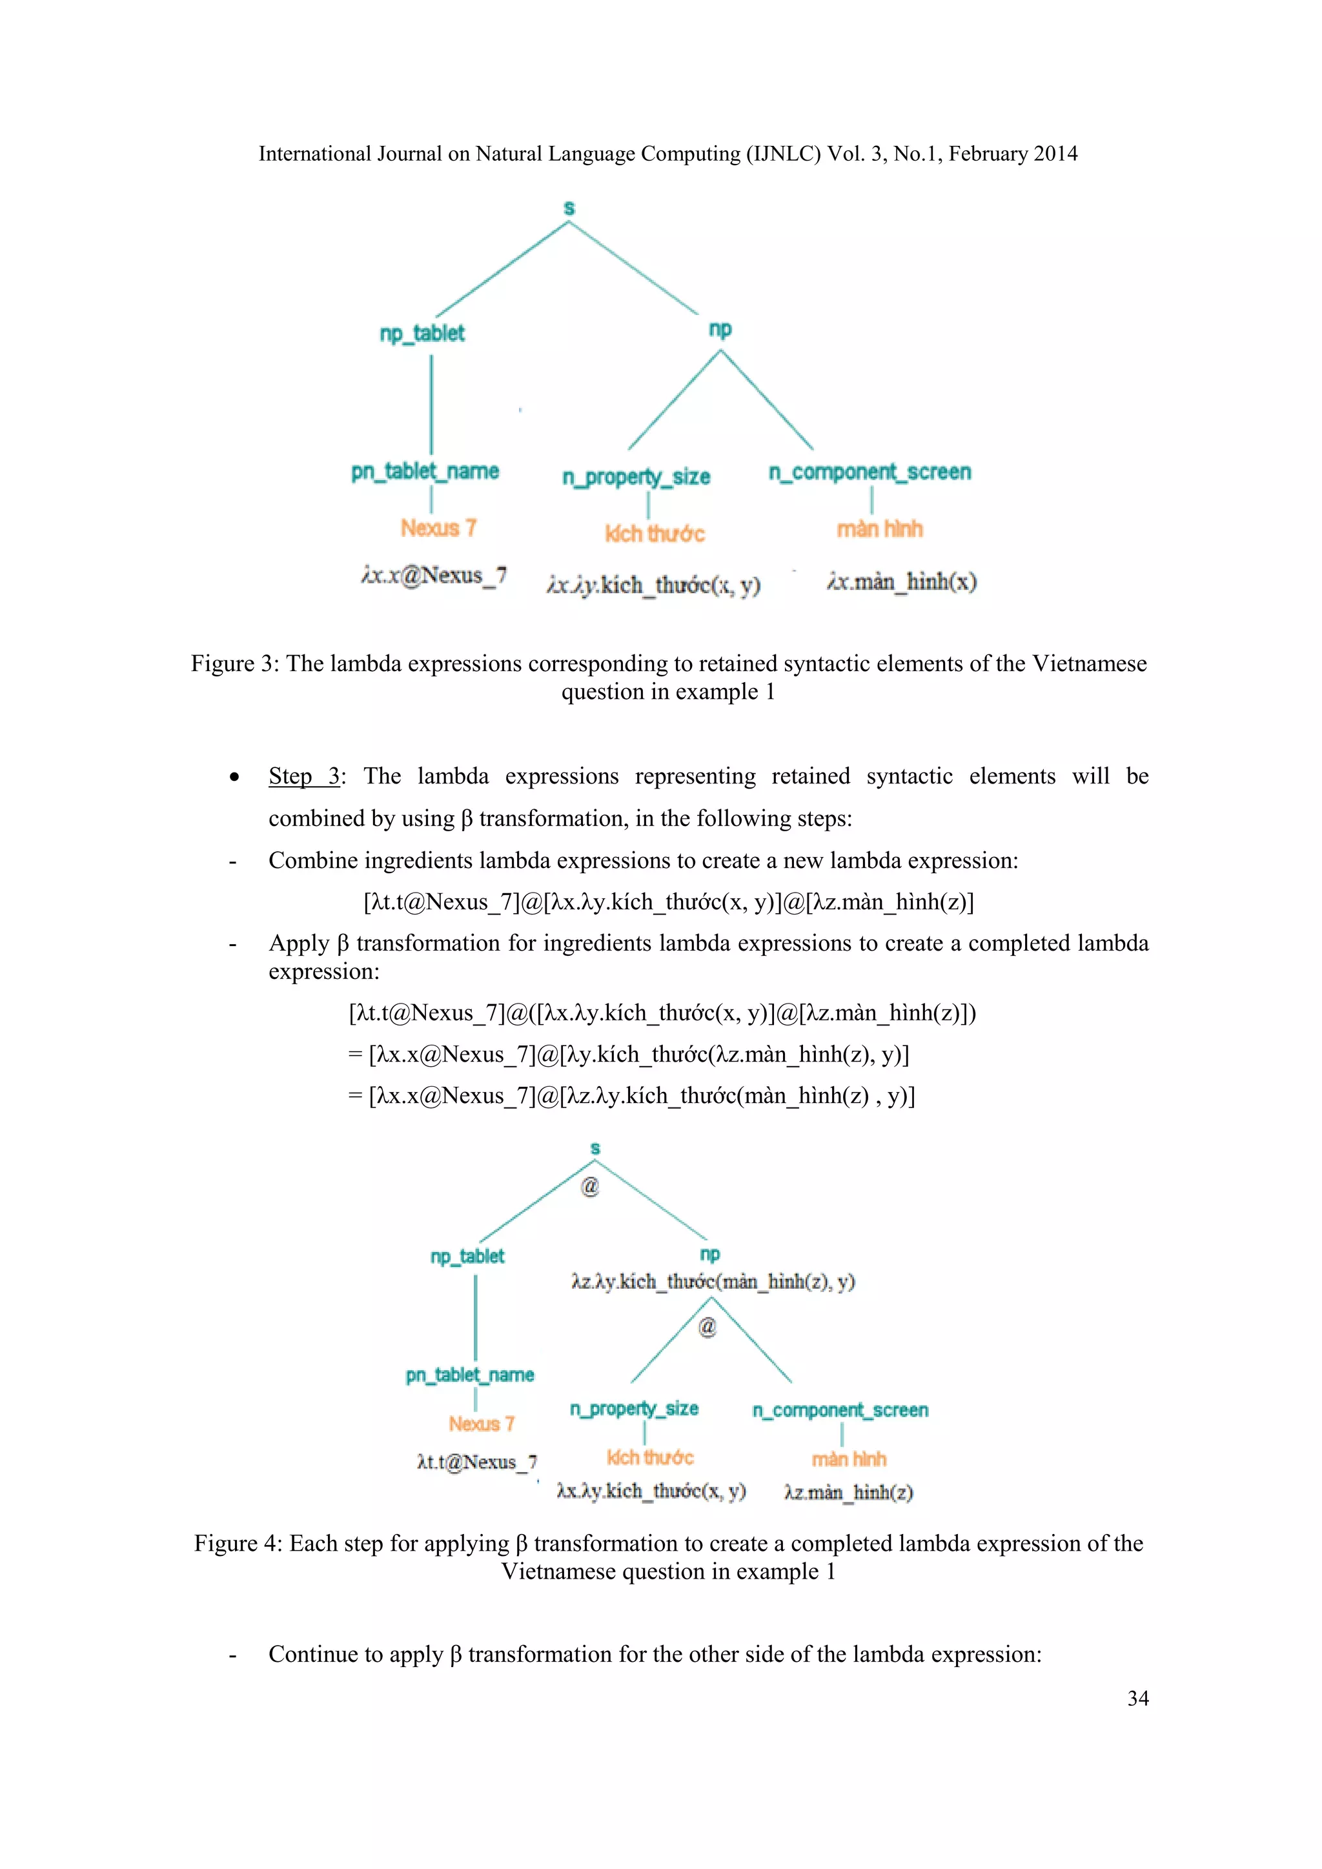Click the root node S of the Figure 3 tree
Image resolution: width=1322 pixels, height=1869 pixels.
(569, 208)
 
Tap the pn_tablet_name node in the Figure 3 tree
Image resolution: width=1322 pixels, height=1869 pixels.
(425, 471)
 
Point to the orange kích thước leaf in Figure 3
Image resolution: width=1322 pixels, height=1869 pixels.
(655, 533)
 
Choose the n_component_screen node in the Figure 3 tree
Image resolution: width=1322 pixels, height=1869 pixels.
(869, 472)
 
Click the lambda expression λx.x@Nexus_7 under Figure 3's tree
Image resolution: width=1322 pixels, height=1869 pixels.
(434, 576)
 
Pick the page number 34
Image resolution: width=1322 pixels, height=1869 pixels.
(1137, 1698)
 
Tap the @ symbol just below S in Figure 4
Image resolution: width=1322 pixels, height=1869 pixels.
(590, 1186)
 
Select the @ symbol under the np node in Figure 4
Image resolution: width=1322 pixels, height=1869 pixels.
(707, 1327)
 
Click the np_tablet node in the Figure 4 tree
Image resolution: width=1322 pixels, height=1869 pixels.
(467, 1256)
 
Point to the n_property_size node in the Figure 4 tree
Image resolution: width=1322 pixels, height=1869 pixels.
(634, 1409)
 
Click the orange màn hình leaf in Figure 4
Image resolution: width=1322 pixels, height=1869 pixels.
(848, 1459)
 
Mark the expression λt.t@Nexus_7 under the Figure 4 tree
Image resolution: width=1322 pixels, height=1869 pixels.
(476, 1462)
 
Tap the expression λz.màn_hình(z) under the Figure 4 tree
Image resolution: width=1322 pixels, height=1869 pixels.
(848, 1492)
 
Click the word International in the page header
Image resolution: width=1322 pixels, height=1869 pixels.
(315, 154)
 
